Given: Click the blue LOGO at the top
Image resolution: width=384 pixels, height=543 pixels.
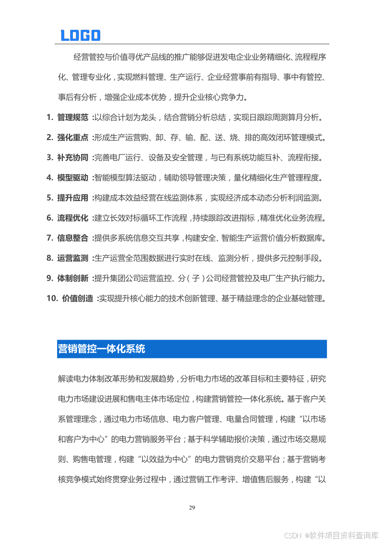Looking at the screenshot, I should coord(80,35).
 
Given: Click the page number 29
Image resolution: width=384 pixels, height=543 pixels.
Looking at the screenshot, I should coord(192,508).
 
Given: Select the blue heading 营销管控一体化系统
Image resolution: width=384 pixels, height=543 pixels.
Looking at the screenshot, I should coord(101,349).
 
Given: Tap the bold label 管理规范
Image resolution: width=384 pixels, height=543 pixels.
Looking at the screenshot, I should coord(73,117).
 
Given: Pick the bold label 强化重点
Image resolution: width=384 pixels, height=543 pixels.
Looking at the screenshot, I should coord(73,137).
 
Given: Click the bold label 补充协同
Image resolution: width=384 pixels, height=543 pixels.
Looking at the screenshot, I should coord(73,157).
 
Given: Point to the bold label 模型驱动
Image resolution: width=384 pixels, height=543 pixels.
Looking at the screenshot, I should coord(73,177).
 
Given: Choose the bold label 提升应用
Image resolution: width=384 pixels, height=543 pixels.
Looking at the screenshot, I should coord(73,198).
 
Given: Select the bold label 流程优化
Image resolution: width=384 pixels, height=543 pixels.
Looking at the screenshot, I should coord(73,218).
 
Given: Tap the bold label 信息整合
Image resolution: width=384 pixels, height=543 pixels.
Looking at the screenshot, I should coord(73,238).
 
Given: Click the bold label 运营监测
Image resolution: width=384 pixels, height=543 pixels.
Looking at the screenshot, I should coord(73,258).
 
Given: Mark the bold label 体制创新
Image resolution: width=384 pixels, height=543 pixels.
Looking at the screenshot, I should coord(73,278).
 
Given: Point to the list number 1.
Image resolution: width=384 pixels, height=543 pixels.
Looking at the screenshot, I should coord(49,117).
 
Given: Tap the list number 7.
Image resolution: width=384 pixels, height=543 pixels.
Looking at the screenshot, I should coord(49,238).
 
